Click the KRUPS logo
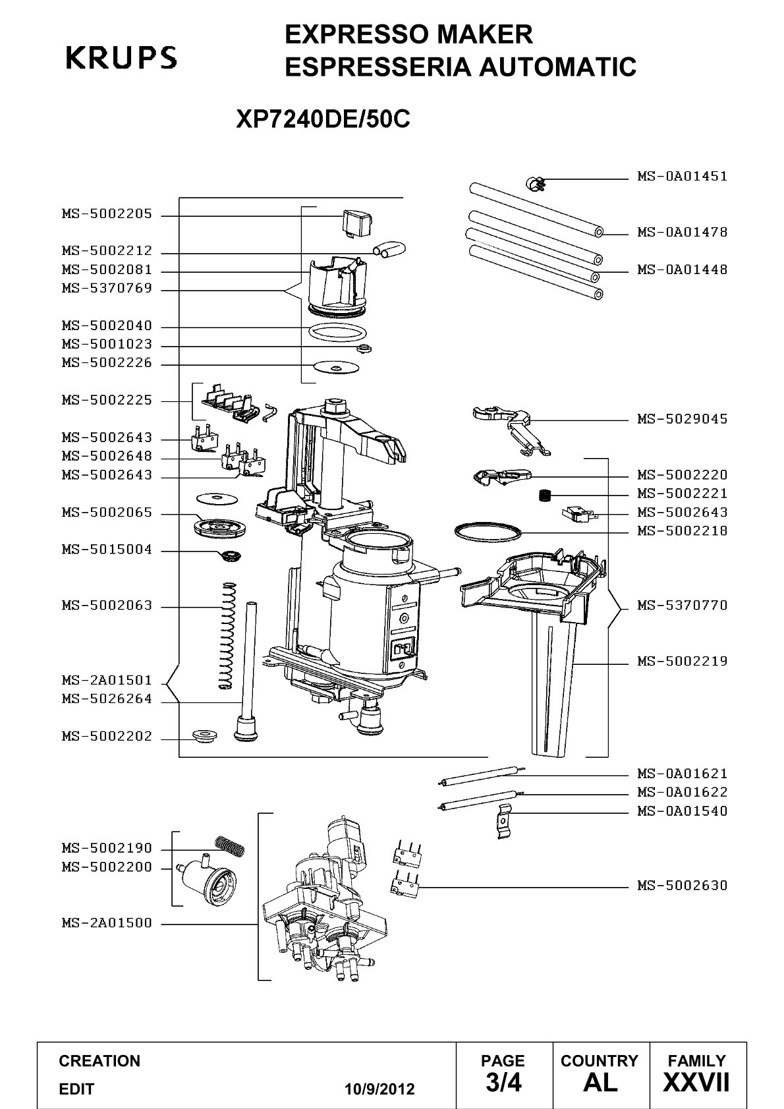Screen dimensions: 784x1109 point(121,57)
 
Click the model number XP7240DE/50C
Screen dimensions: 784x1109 point(323,119)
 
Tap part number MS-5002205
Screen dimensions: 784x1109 point(107,214)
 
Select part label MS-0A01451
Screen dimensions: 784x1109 point(682,176)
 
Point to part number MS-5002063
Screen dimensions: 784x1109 point(107,605)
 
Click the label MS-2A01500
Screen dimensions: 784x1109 point(107,923)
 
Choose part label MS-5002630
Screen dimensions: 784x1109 point(682,885)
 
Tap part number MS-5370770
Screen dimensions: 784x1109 point(682,605)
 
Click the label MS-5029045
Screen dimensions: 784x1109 point(682,419)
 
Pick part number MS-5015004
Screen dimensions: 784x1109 point(107,549)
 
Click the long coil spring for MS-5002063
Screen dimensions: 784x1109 point(227,635)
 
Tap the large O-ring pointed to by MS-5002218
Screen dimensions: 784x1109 point(488,532)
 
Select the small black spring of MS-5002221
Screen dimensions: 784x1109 point(545,495)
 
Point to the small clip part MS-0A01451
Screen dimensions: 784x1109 point(535,185)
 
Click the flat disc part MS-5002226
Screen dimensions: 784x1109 point(336,368)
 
